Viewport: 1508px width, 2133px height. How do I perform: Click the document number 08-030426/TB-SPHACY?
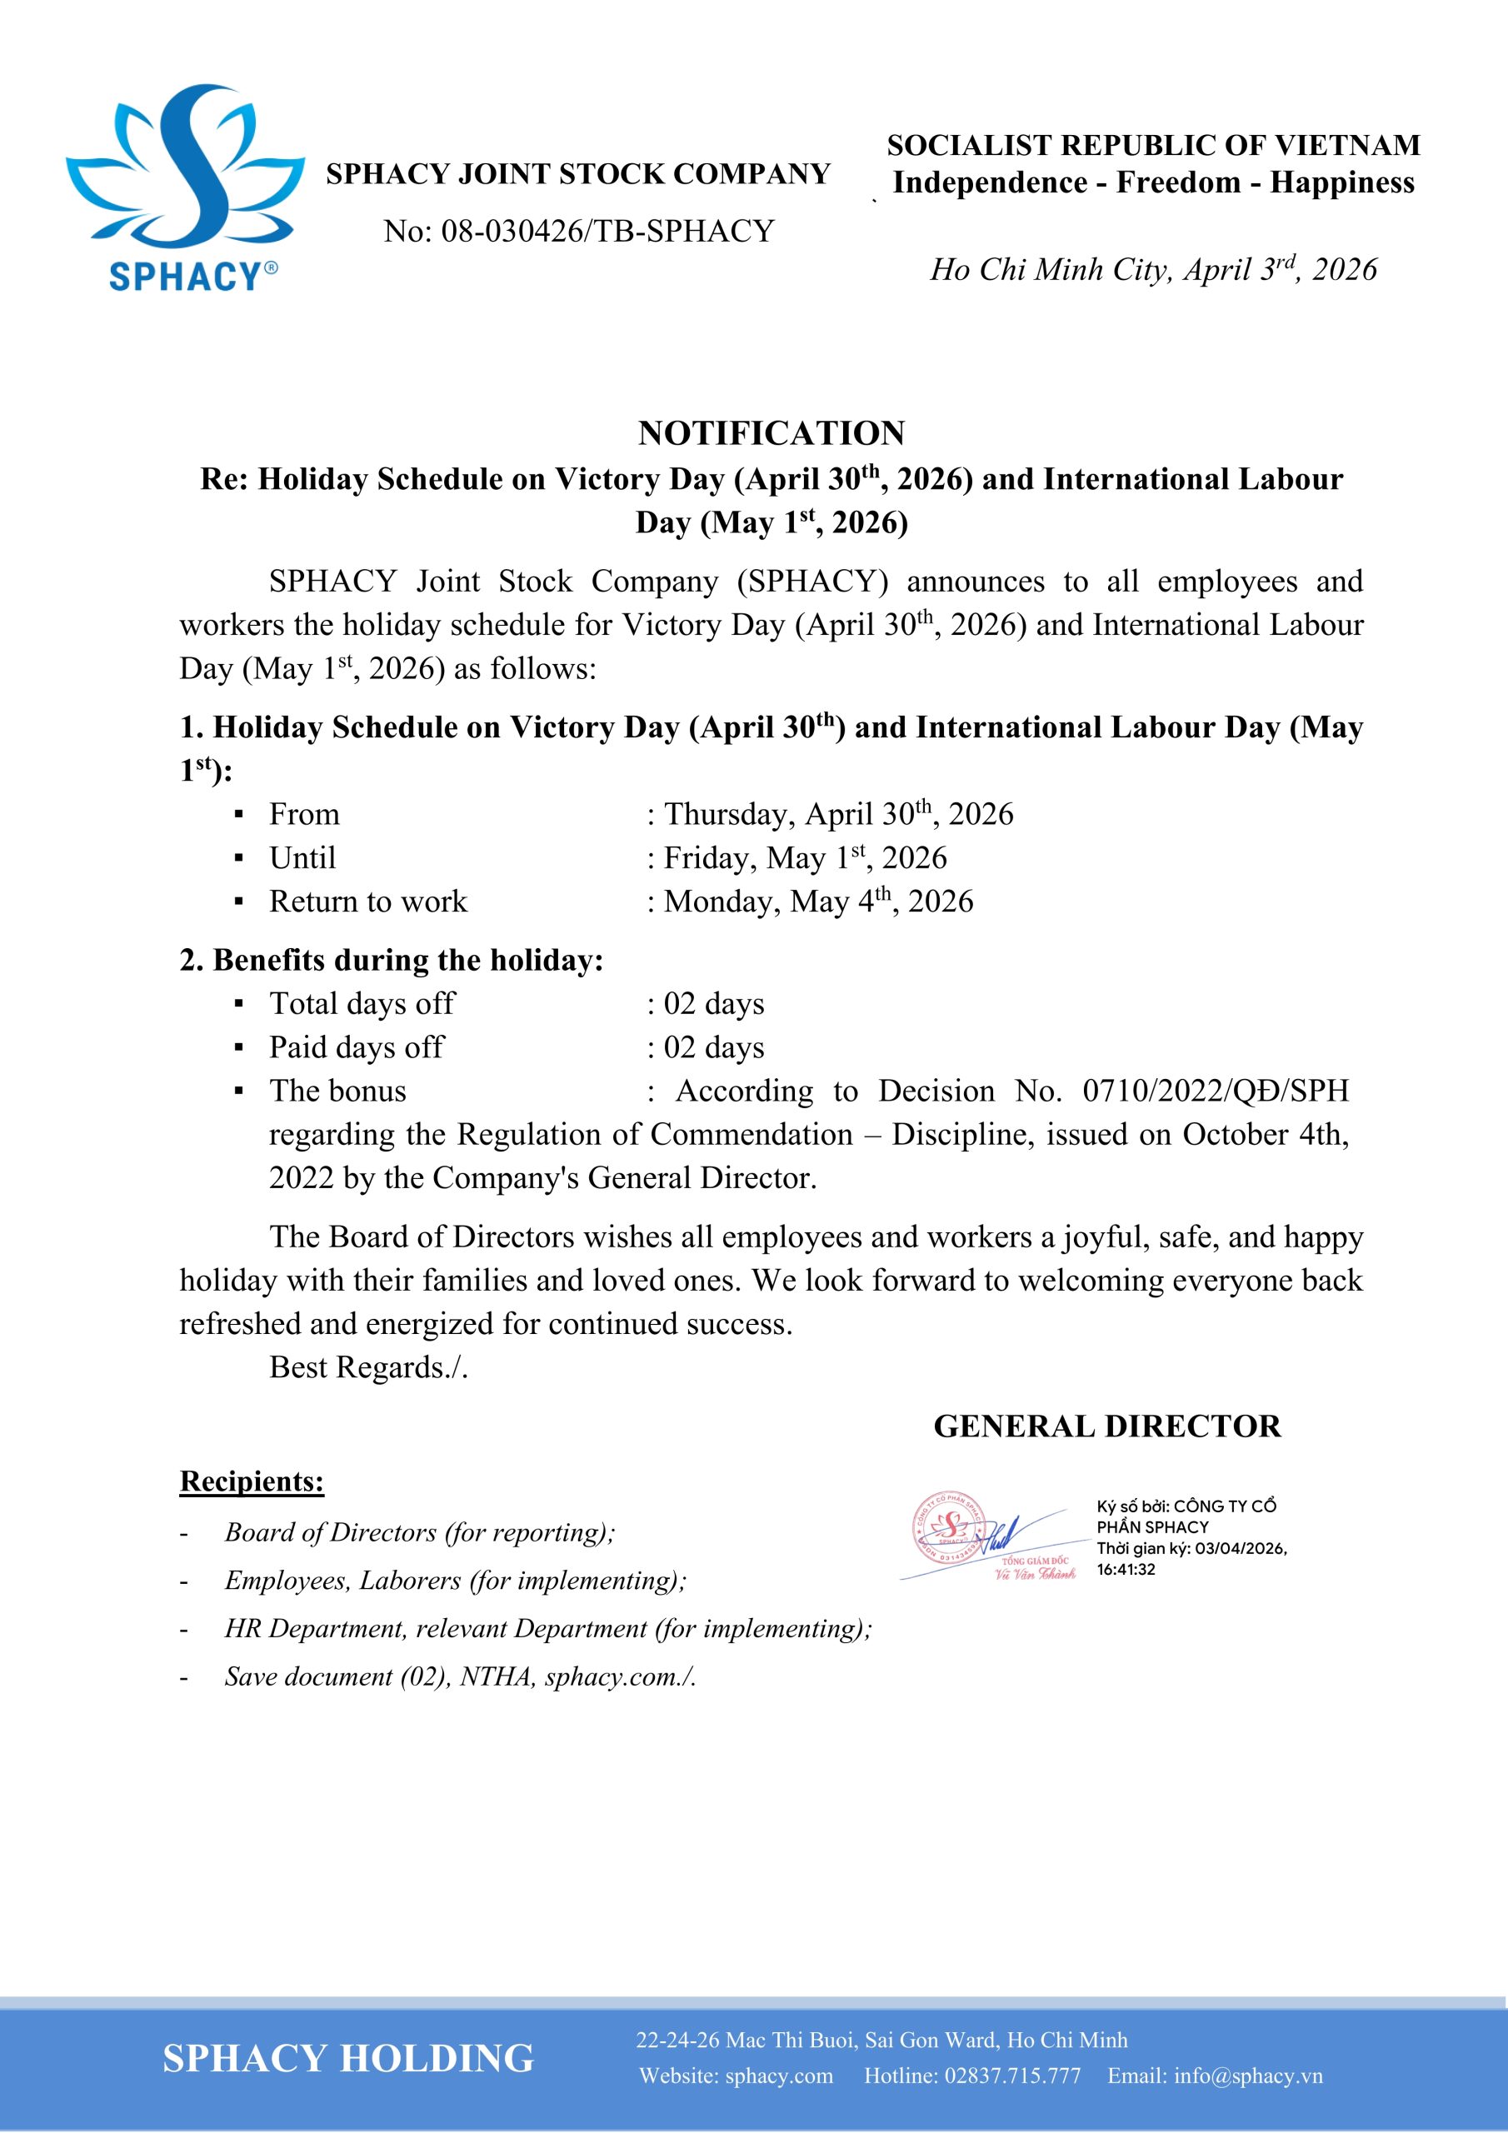[x=607, y=232]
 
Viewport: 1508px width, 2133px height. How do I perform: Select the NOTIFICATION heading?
[x=771, y=433]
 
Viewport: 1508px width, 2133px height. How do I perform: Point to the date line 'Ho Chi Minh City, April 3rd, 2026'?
[x=1153, y=269]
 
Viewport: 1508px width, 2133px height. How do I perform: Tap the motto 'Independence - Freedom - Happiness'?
[x=1153, y=183]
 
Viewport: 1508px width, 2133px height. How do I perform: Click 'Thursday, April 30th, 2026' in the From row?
[x=838, y=815]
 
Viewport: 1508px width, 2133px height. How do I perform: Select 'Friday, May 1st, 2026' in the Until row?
[x=805, y=858]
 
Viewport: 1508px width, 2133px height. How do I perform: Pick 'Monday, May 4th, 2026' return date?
[x=817, y=902]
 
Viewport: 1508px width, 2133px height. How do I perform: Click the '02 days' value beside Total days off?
[x=713, y=1004]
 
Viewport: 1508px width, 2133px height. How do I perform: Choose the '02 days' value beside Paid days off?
[x=713, y=1048]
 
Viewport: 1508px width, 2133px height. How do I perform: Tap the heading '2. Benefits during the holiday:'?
[x=392, y=961]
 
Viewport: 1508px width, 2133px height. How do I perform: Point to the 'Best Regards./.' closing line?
[x=368, y=1367]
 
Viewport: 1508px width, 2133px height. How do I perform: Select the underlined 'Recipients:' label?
[x=252, y=1481]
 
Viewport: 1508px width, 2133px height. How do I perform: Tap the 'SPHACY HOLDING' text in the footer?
[x=348, y=2058]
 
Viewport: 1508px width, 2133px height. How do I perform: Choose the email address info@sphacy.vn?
[x=1248, y=2076]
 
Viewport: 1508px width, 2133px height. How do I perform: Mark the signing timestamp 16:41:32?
[x=1126, y=1569]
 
